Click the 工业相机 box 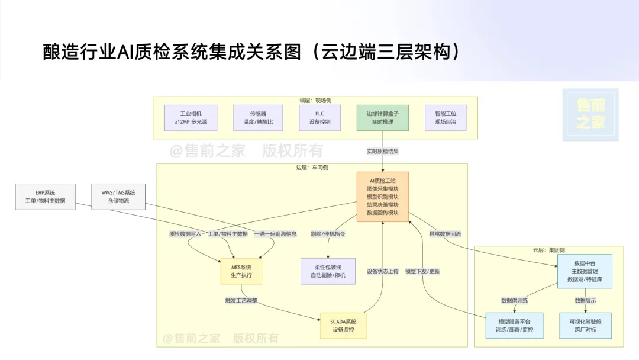pos(191,118)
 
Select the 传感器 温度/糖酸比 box pos(257,118)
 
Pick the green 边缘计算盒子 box pos(383,118)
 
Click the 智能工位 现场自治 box pos(446,118)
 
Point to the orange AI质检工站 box pos(383,197)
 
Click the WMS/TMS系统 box pos(118,197)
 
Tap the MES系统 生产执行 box pos(241,272)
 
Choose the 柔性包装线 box pos(328,272)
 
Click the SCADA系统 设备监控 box pos(343,326)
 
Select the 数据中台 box pos(585,271)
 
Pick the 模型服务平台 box pos(514,326)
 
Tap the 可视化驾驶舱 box pos(585,326)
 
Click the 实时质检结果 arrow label pos(383,151)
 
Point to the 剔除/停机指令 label pos(328,234)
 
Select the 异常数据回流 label pos(445,234)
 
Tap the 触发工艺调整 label pos(241,301)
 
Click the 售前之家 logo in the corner pos(590,115)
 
